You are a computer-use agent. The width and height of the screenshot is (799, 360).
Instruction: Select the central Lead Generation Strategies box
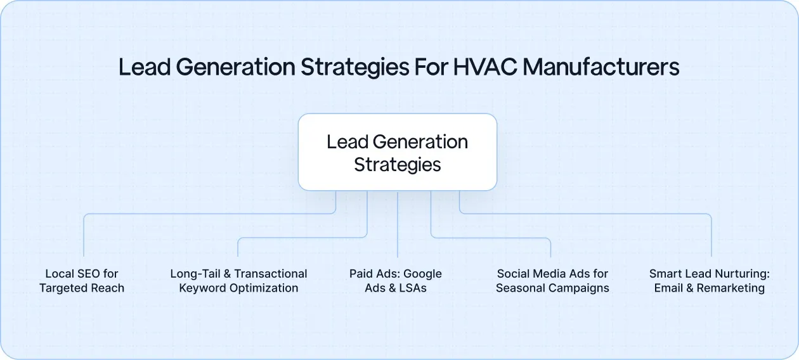(x=398, y=152)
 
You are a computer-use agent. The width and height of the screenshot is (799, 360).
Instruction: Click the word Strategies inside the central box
(x=398, y=165)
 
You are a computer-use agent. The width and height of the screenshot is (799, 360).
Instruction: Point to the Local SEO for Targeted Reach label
(x=82, y=281)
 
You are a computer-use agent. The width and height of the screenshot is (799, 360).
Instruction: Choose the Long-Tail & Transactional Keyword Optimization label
(x=238, y=281)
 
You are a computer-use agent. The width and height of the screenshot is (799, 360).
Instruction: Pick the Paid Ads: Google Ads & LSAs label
(x=396, y=281)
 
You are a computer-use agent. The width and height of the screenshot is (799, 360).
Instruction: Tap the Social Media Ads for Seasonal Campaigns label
(x=552, y=281)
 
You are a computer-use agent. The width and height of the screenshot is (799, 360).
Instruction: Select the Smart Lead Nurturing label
(x=709, y=281)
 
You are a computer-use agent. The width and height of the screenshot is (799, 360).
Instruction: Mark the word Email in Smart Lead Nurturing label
(x=668, y=288)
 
